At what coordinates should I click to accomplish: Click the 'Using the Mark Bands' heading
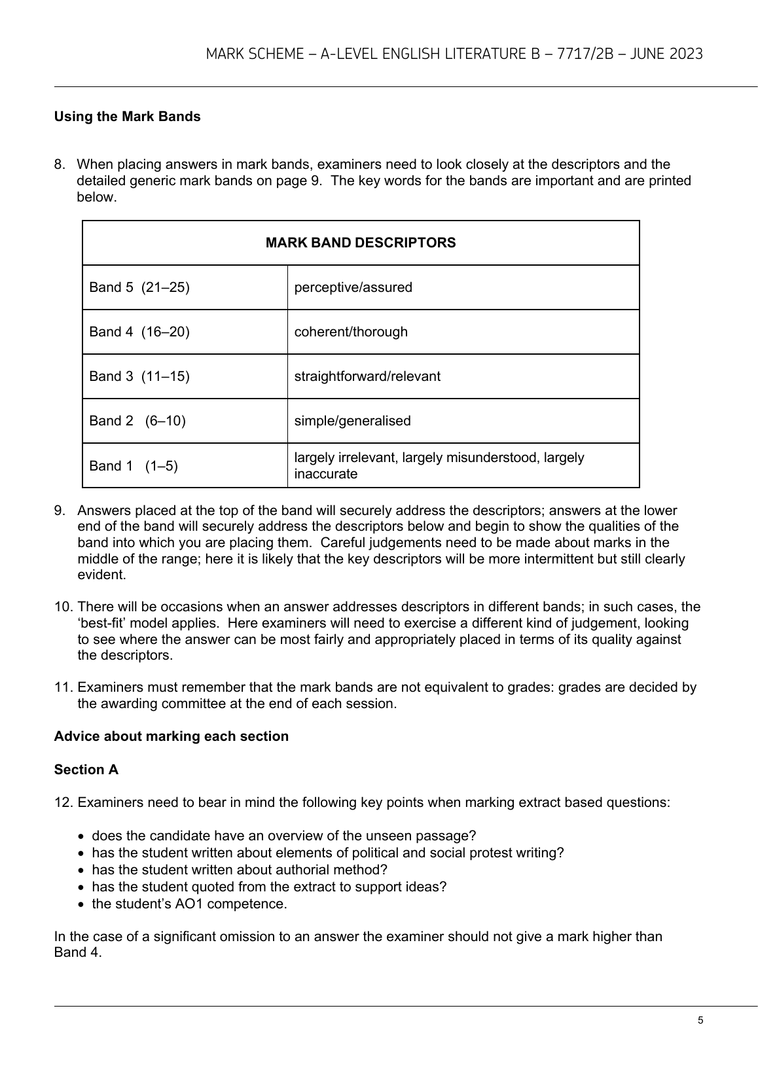click(x=127, y=116)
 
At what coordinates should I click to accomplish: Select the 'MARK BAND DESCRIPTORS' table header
click(x=361, y=243)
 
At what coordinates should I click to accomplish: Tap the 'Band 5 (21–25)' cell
click(x=139, y=287)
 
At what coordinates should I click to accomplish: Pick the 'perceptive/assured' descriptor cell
click(x=353, y=287)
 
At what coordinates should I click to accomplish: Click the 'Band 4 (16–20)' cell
click(x=139, y=332)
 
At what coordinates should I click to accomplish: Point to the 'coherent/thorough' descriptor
click(x=351, y=332)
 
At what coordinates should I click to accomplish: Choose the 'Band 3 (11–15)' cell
click(x=139, y=376)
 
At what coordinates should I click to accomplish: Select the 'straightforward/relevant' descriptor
click(x=367, y=376)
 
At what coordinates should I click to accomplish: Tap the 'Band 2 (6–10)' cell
click(x=137, y=421)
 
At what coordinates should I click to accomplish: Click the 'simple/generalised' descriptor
click(x=352, y=421)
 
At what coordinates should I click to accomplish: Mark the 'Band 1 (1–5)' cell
click(x=134, y=466)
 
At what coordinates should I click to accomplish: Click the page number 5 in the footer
click(x=700, y=1020)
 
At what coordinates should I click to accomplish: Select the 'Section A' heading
click(x=86, y=770)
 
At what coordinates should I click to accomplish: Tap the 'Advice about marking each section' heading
click(x=171, y=736)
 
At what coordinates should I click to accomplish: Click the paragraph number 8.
click(x=59, y=164)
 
